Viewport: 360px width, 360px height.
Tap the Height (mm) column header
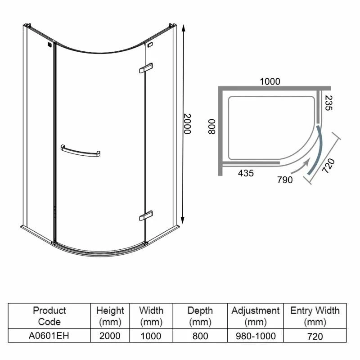tap(110, 316)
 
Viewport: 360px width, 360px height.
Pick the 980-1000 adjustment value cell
tap(255, 336)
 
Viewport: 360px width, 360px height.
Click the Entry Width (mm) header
tap(315, 316)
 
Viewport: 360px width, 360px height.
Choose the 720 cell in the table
tap(315, 336)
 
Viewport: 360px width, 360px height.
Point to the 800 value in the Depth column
tap(200, 336)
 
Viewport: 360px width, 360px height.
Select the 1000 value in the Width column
tap(151, 336)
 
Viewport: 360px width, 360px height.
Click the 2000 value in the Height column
tap(110, 336)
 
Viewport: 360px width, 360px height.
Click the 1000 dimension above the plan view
tap(270, 81)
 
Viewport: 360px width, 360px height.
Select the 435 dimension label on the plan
tap(245, 173)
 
